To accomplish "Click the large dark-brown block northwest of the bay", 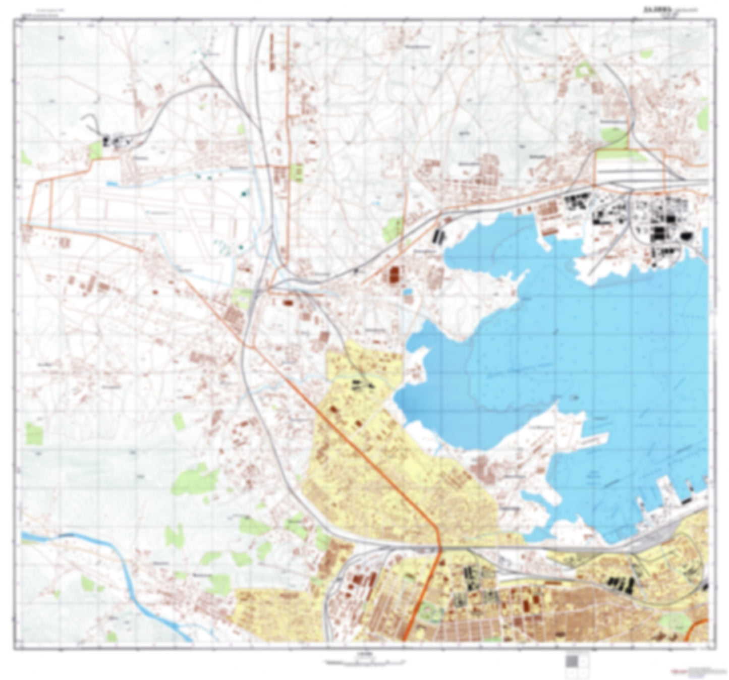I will (394, 274).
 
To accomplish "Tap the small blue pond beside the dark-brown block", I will (408, 292).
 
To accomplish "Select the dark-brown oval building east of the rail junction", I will (288, 303).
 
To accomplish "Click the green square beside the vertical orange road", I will (298, 173).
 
